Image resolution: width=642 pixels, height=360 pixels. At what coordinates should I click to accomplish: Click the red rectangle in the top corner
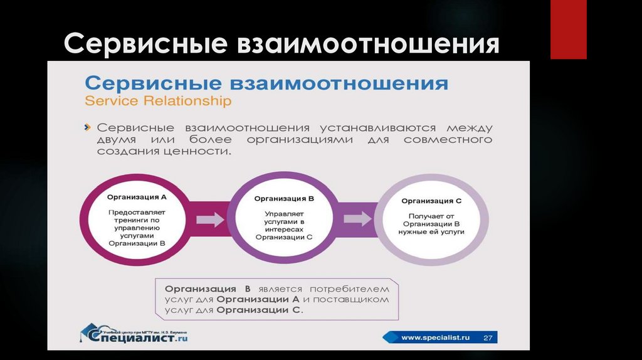coord(568,29)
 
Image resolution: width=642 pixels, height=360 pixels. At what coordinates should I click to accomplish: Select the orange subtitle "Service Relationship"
coord(158,100)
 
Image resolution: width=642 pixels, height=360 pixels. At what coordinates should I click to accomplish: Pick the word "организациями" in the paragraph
coord(300,139)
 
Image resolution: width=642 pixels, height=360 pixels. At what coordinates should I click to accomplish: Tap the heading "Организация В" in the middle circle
coord(284,198)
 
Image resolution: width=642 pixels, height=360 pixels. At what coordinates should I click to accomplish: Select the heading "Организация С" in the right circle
coord(431,201)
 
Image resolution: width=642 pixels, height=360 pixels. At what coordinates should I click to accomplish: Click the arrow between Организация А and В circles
coord(210,220)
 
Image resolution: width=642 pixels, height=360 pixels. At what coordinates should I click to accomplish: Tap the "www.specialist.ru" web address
coord(435,337)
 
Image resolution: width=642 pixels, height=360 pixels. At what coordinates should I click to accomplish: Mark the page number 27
coord(487,337)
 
